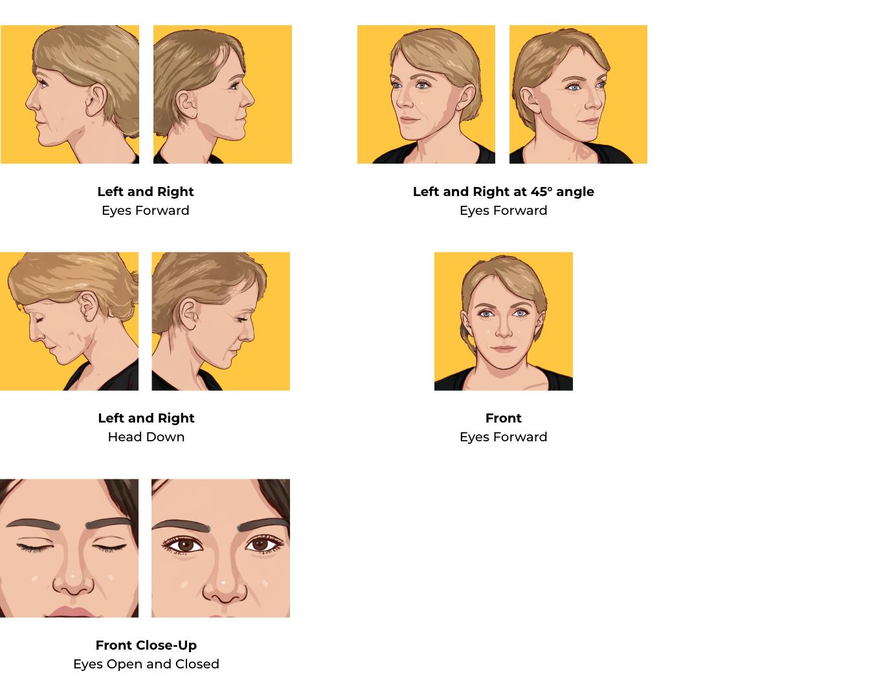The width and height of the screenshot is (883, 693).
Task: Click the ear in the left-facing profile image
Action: click(x=96, y=98)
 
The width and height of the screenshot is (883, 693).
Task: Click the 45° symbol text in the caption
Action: click(x=541, y=192)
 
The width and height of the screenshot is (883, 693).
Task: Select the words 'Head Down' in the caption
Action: click(x=146, y=437)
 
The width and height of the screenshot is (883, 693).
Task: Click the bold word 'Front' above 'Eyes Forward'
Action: click(x=503, y=418)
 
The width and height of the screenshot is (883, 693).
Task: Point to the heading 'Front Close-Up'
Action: click(x=146, y=645)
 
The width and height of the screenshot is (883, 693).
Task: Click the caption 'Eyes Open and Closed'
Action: click(x=146, y=664)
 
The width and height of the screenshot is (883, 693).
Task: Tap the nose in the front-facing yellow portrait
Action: click(x=503, y=331)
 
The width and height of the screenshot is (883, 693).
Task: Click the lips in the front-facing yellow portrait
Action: click(x=503, y=349)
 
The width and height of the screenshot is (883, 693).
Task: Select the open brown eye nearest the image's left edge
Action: click(x=186, y=545)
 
